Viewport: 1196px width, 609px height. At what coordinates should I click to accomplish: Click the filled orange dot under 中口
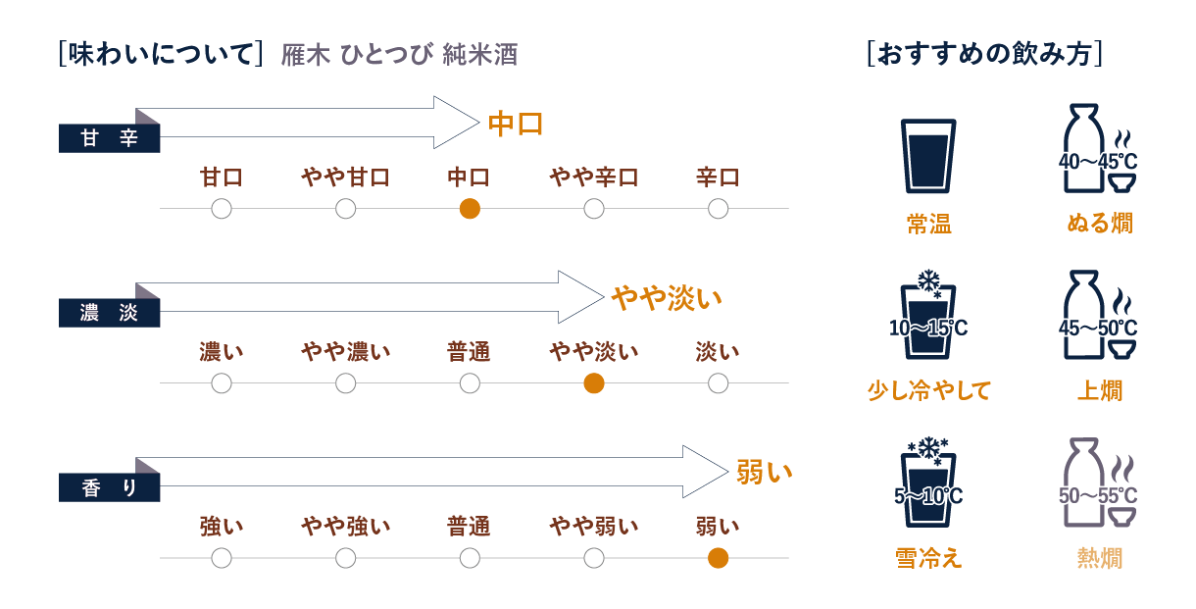pyautogui.click(x=470, y=209)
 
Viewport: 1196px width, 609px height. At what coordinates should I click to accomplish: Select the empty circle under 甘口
pyautogui.click(x=222, y=209)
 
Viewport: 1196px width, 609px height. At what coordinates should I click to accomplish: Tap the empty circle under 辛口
pyautogui.click(x=718, y=209)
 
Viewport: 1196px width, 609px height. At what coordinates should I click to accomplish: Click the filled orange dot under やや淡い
pyautogui.click(x=593, y=383)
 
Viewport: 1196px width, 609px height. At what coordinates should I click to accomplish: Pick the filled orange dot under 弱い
pyautogui.click(x=718, y=558)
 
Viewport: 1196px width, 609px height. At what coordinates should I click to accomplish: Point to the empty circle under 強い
pyautogui.click(x=222, y=558)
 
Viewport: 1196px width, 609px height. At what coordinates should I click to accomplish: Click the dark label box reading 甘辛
pyautogui.click(x=109, y=139)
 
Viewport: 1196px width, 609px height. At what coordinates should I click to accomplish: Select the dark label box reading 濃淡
pyautogui.click(x=109, y=314)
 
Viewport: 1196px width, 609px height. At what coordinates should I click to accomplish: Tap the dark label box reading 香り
pyautogui.click(x=109, y=487)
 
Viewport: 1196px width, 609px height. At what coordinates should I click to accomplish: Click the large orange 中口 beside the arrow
pyautogui.click(x=516, y=125)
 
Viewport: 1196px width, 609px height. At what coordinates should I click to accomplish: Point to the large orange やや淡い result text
pyautogui.click(x=667, y=297)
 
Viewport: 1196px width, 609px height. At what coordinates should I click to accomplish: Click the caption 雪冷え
pyautogui.click(x=927, y=558)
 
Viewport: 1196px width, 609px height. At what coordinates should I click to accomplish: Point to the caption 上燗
pyautogui.click(x=1099, y=391)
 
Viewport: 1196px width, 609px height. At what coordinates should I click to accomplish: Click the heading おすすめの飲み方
pyautogui.click(x=985, y=53)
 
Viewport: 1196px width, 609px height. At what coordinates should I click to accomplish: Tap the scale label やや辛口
pyautogui.click(x=593, y=178)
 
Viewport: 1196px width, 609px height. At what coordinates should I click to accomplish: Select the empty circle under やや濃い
pyautogui.click(x=345, y=383)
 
